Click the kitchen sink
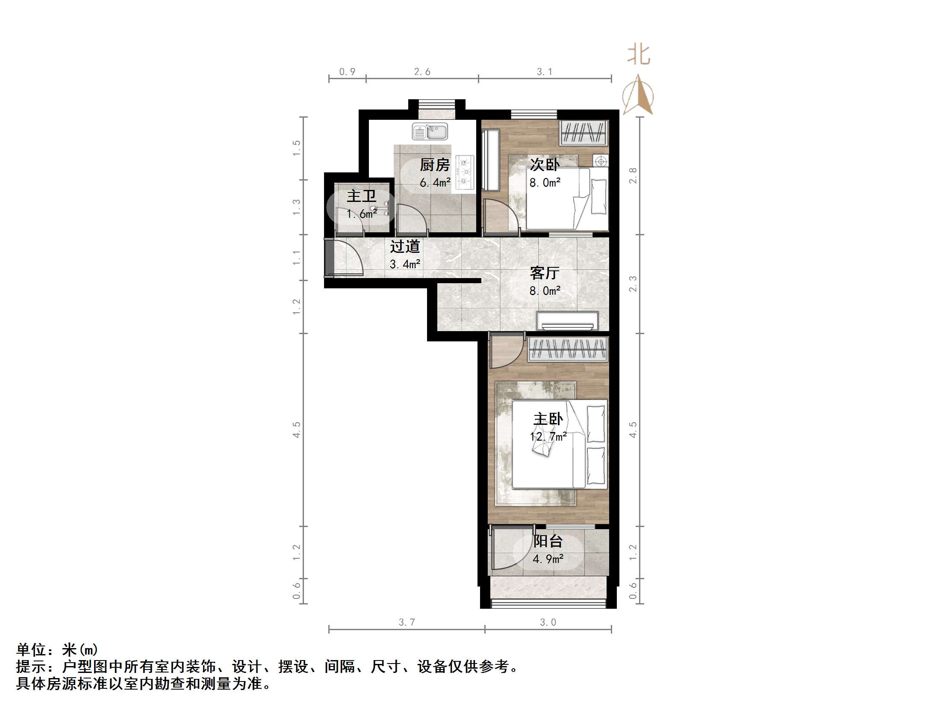click(x=430, y=131)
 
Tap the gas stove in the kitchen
click(x=465, y=172)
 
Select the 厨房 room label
click(x=435, y=165)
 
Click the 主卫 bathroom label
click(x=361, y=196)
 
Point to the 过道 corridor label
click(x=405, y=246)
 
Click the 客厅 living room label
click(x=544, y=273)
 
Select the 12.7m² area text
click(x=548, y=437)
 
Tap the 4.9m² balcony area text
click(x=548, y=559)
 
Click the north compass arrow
click(x=638, y=95)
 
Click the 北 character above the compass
click(x=639, y=55)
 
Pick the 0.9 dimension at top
click(x=347, y=72)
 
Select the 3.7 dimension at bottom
click(x=407, y=622)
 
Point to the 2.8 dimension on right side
click(x=633, y=175)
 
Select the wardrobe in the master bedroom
click(x=568, y=349)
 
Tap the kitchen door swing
click(x=410, y=219)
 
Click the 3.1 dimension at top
click(x=544, y=72)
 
